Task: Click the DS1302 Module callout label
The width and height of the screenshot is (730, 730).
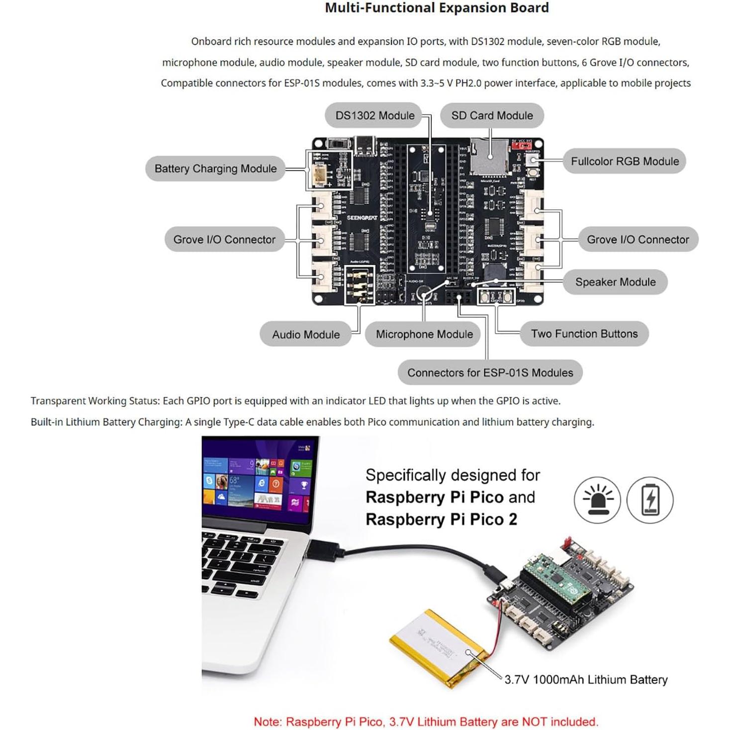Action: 374,115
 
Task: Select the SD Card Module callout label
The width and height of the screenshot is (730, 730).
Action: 492,115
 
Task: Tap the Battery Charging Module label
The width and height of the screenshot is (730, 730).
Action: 215,169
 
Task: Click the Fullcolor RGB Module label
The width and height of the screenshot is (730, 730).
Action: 625,161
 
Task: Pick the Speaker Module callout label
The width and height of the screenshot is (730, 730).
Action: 615,282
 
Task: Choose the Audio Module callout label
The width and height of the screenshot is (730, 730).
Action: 306,335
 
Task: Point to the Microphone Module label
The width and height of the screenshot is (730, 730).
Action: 424,334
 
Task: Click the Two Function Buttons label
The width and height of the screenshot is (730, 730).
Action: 584,334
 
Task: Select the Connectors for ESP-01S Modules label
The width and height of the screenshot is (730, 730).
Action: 490,372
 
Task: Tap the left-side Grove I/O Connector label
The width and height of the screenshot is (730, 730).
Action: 224,240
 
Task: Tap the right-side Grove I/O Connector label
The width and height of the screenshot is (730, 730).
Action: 638,240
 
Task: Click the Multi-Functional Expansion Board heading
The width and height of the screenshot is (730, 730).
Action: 437,8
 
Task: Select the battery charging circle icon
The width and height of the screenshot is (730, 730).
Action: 650,500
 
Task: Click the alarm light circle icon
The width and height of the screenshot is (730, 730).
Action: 597,500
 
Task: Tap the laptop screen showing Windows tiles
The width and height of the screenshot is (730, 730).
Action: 257,482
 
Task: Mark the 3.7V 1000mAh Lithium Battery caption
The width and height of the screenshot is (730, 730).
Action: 586,680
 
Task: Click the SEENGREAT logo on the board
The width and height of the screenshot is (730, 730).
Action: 362,218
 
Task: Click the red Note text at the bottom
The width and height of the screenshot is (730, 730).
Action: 426,722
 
